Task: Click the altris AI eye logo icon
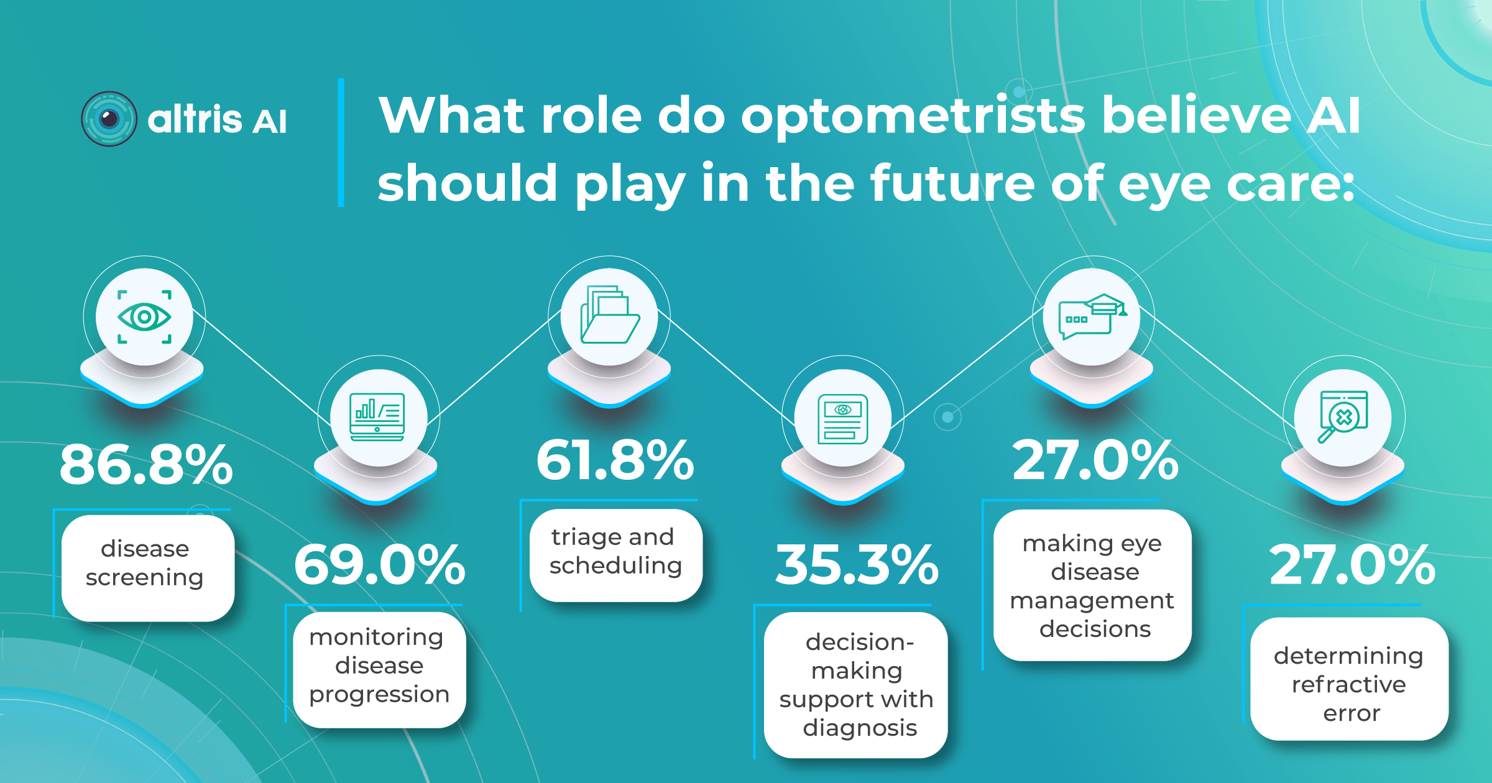(109, 119)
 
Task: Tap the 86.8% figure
(146, 464)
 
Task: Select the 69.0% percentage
(379, 565)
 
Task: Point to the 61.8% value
(615, 460)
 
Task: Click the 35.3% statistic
(857, 565)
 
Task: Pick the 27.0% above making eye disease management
(1095, 460)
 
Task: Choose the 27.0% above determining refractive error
(1352, 565)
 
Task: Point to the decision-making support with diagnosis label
(856, 685)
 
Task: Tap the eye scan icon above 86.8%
(144, 317)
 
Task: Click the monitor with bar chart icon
(378, 417)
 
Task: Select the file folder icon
(609, 315)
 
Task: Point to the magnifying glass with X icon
(1343, 417)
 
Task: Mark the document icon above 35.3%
(842, 419)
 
